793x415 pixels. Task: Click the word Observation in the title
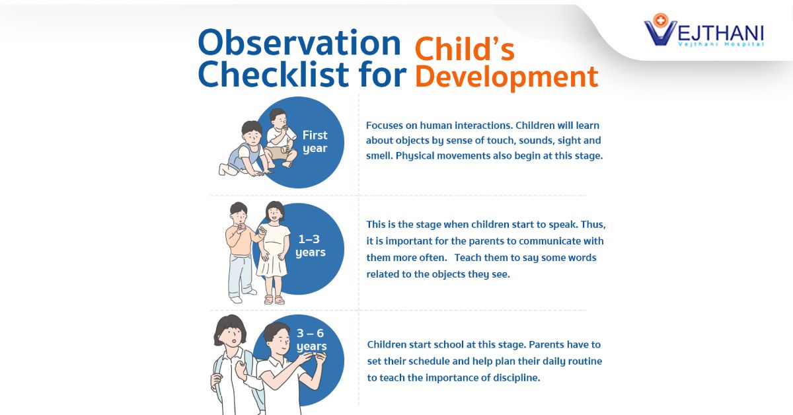299,43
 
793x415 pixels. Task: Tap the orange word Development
506,76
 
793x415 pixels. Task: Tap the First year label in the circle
315,141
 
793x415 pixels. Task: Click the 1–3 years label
310,246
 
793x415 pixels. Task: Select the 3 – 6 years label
311,340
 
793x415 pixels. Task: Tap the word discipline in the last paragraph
513,379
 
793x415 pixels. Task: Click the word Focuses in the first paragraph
385,125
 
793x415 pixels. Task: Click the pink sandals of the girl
274,299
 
